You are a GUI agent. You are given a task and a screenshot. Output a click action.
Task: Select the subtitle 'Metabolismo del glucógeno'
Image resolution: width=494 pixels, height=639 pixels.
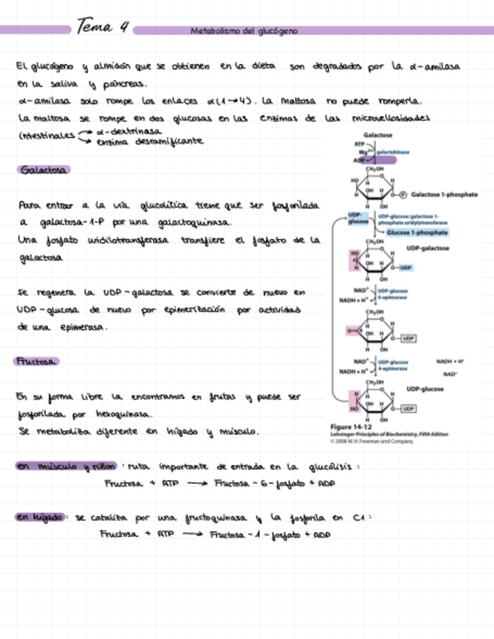[x=244, y=31]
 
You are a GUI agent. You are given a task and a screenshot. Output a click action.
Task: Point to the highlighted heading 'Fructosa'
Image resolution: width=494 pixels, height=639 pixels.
[x=38, y=362]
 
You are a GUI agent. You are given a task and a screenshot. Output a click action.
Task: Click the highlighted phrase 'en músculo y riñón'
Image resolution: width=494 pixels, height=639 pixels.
[x=66, y=466]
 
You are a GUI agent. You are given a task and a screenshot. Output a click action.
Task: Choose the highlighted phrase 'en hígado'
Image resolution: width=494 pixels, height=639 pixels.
[x=41, y=517]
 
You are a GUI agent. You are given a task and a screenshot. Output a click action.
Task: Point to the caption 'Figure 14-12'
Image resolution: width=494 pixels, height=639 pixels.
[x=349, y=427]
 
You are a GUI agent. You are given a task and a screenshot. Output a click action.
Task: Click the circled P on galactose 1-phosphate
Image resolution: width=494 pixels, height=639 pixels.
[x=403, y=194]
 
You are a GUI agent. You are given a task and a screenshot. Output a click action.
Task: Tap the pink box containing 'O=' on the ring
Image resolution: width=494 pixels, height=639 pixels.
[x=352, y=330]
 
